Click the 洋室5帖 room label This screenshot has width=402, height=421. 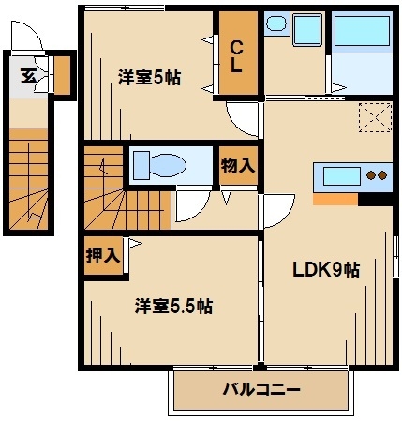coord(149,77)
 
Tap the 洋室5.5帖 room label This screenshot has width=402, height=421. coord(173,306)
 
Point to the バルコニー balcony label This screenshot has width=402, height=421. coord(261,389)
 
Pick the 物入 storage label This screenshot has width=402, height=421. coord(237,166)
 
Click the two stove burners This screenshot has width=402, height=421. coord(377,175)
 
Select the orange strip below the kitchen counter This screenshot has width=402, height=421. coord(335,198)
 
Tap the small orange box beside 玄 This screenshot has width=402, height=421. coord(62,75)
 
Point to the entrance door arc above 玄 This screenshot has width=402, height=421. coord(28,38)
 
